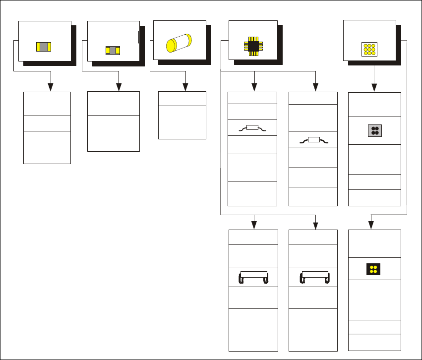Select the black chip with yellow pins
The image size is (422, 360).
click(253, 46)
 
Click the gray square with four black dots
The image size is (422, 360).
click(374, 130)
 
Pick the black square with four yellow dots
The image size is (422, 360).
click(374, 269)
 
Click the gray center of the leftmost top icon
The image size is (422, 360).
click(44, 47)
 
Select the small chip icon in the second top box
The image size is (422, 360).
click(113, 50)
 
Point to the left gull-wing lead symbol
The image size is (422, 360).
click(252, 128)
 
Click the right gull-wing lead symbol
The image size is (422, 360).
click(313, 140)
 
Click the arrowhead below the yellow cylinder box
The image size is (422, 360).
click(185, 88)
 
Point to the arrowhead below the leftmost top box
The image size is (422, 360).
click(51, 88)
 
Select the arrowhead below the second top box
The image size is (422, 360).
click(119, 88)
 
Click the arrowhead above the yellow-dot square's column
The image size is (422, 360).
click(370, 226)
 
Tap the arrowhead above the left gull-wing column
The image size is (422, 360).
click(254, 88)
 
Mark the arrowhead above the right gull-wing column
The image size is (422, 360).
click(315, 88)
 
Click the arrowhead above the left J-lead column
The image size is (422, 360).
click(254, 226)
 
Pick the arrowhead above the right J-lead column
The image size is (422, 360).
click(315, 226)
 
